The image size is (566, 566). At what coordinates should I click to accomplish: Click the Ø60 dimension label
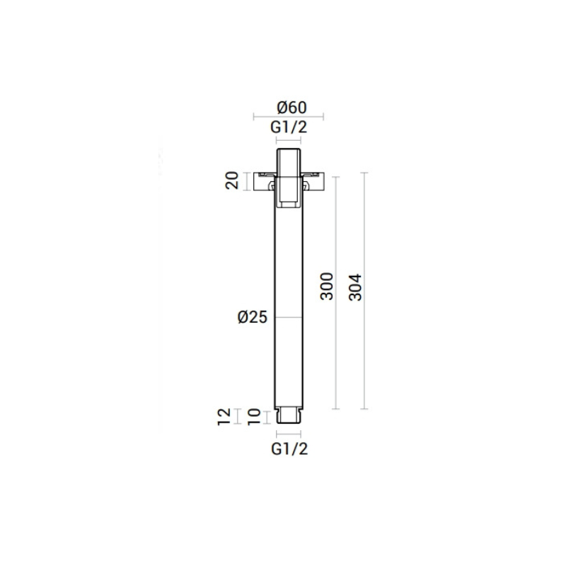click(291, 108)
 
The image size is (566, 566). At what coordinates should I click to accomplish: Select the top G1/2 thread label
click(289, 127)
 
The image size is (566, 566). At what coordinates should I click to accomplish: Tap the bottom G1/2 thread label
click(289, 449)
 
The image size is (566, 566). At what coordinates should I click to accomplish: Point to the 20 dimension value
click(232, 180)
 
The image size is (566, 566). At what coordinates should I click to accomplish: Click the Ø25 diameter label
click(253, 317)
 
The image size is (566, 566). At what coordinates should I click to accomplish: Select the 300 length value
click(327, 287)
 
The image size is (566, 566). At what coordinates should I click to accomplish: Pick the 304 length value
click(356, 287)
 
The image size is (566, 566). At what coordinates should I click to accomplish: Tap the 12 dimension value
click(224, 417)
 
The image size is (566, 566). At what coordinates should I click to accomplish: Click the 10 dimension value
click(254, 417)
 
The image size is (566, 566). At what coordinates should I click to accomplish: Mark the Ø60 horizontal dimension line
click(289, 116)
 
